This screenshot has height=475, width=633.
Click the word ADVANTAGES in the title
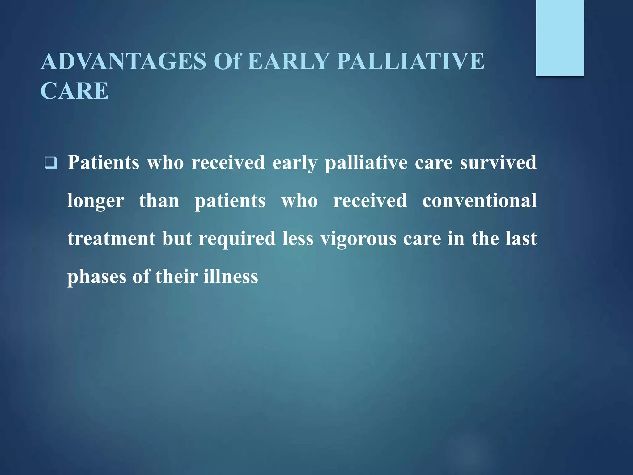click(x=123, y=61)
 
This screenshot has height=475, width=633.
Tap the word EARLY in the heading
click(x=288, y=61)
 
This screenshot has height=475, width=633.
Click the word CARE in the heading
click(x=74, y=91)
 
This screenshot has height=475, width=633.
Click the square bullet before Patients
click(x=51, y=163)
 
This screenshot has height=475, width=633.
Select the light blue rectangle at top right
click(x=559, y=38)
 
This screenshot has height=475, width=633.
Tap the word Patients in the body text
click(x=103, y=162)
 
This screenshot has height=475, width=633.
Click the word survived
click(x=498, y=162)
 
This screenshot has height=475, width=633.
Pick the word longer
click(x=96, y=201)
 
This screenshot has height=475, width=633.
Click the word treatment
click(x=112, y=239)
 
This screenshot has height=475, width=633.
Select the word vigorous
click(x=358, y=239)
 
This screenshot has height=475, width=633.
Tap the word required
click(x=237, y=239)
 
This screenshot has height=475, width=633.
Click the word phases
click(x=96, y=277)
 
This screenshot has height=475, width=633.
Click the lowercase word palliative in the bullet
click(x=366, y=163)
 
